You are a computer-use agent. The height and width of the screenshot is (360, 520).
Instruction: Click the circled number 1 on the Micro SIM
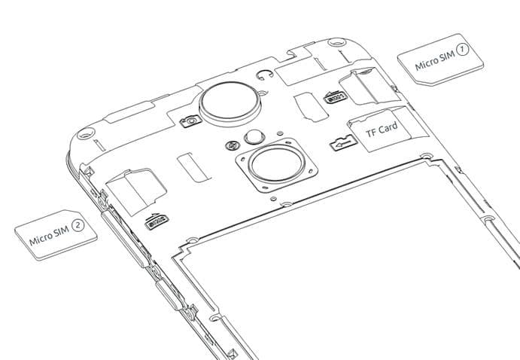[x=462, y=50]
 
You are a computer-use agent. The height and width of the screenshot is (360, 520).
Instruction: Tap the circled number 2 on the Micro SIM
[x=78, y=225]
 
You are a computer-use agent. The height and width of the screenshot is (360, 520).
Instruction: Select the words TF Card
[x=382, y=130]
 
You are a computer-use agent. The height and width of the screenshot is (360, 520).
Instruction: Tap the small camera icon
[x=190, y=121]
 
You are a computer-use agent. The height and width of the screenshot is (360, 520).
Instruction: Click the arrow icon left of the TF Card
[x=344, y=142]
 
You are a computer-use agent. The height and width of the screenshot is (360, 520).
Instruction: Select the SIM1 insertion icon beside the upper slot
[x=335, y=97]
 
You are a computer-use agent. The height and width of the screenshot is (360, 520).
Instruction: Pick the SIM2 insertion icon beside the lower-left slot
[x=157, y=221]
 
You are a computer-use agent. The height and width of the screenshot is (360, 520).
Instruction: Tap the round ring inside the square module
[x=277, y=163]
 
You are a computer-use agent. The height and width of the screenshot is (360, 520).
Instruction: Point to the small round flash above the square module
[x=254, y=137]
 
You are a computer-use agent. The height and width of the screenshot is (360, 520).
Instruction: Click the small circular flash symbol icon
[x=231, y=145]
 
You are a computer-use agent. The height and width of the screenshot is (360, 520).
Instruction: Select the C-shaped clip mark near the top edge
[x=264, y=75]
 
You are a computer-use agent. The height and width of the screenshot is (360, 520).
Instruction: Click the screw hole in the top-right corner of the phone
[x=336, y=42]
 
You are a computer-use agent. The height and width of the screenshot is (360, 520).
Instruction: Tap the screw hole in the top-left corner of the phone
[x=86, y=134]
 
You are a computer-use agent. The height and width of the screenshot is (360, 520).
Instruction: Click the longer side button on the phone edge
[x=126, y=239]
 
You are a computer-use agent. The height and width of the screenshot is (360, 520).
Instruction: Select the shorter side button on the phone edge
[x=169, y=294]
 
